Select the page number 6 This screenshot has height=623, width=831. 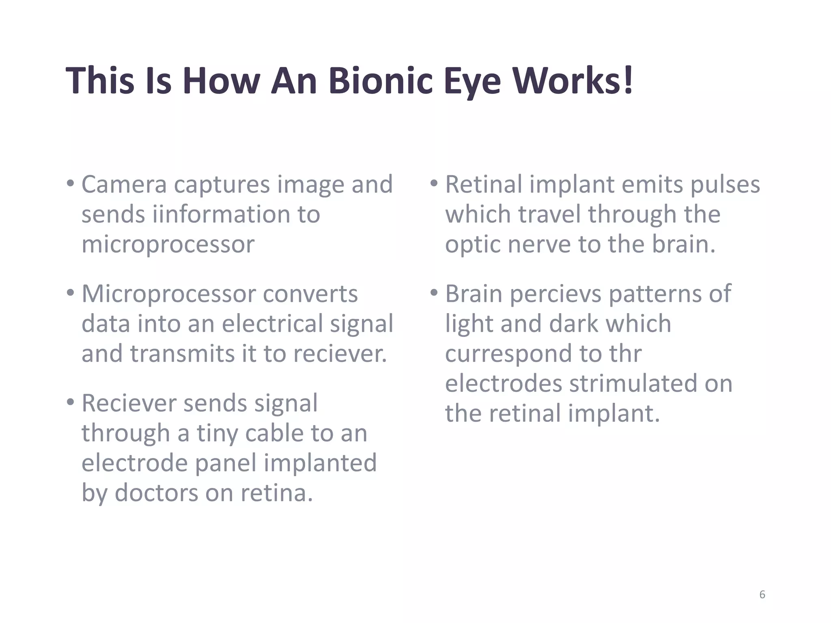point(762,595)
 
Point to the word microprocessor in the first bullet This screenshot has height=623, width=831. point(168,245)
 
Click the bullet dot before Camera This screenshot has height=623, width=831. point(71,183)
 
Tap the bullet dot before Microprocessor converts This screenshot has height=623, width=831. point(71,292)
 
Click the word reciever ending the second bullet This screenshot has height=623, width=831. point(340,354)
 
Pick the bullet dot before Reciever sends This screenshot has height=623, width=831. point(71,402)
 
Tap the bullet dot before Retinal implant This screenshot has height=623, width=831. point(434,183)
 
